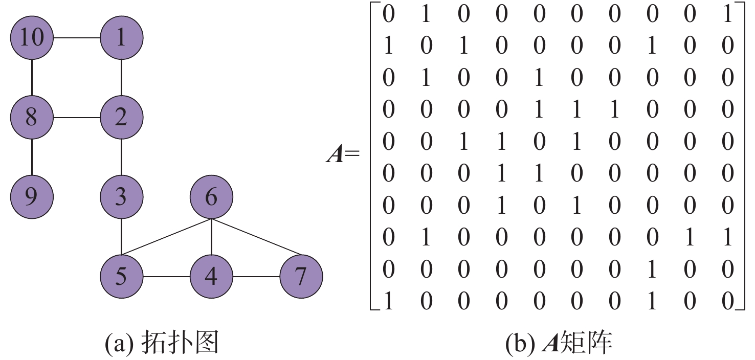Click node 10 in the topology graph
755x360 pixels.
[32, 38]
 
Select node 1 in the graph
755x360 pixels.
[121, 38]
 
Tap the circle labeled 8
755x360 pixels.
[32, 118]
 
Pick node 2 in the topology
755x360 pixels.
[121, 118]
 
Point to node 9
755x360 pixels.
[32, 197]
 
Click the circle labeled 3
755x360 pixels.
[121, 197]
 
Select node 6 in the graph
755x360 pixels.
[211, 197]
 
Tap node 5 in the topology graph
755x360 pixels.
[121, 277]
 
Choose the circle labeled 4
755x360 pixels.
[211, 277]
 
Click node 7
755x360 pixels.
[301, 277]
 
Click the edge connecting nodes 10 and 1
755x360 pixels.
[77, 38]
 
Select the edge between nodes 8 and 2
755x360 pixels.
[77, 118]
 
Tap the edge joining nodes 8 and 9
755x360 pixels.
[32, 157]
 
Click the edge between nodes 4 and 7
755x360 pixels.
[256, 277]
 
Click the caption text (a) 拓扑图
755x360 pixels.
[162, 344]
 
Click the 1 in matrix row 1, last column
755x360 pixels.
[727, 14]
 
